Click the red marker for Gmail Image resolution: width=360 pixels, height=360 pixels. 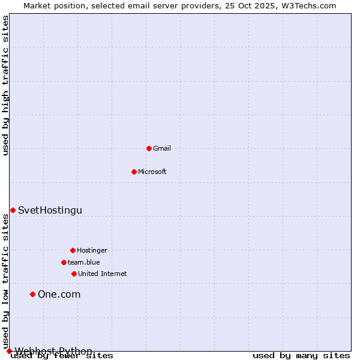149,148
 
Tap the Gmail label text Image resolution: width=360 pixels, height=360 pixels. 162,148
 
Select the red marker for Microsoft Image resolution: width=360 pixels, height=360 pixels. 134,172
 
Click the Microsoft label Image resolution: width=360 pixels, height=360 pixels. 152,172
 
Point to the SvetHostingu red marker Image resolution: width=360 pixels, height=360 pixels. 13,210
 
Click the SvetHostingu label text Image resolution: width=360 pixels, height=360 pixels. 50,210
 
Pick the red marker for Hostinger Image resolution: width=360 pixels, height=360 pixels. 73,250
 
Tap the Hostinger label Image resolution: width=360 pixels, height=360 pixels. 92,250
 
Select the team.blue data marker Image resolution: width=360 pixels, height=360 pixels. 64,262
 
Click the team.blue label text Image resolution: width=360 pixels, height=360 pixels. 83,262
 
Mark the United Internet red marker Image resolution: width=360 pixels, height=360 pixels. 74,274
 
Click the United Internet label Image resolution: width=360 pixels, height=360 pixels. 102,274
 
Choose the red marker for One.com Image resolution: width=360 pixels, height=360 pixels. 33,294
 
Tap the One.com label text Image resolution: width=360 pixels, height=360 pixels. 59,294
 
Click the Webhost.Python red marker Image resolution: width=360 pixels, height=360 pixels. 9,351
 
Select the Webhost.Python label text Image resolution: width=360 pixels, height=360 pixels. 53,351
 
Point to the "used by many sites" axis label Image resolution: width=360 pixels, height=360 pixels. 301,356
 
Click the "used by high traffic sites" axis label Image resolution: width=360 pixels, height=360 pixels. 5,85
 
